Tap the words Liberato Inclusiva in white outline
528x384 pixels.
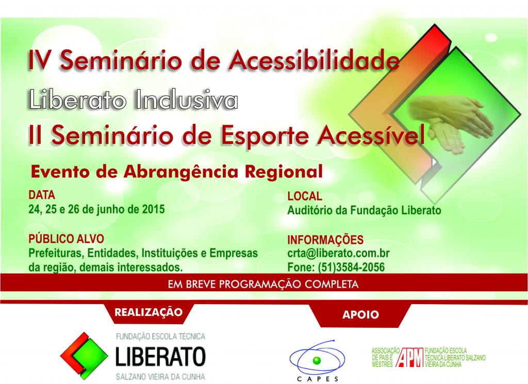[x=134, y=99]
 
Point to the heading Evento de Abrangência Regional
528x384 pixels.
[x=177, y=171]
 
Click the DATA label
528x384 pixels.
[x=42, y=195]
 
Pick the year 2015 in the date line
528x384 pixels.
[x=153, y=209]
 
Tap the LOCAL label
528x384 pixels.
[x=305, y=196]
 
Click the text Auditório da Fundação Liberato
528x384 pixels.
[x=364, y=210]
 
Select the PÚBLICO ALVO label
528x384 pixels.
[x=66, y=239]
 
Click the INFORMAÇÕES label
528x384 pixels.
[x=325, y=240]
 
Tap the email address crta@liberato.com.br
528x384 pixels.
[x=338, y=253]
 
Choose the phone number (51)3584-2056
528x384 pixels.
[x=351, y=267]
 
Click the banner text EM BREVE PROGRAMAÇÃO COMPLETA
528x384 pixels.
[x=263, y=285]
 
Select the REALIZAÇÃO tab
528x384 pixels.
[x=148, y=312]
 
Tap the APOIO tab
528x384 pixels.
[x=360, y=315]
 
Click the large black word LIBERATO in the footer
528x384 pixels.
[x=160, y=356]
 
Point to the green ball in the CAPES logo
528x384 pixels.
[x=317, y=360]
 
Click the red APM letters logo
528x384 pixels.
[x=410, y=357]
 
